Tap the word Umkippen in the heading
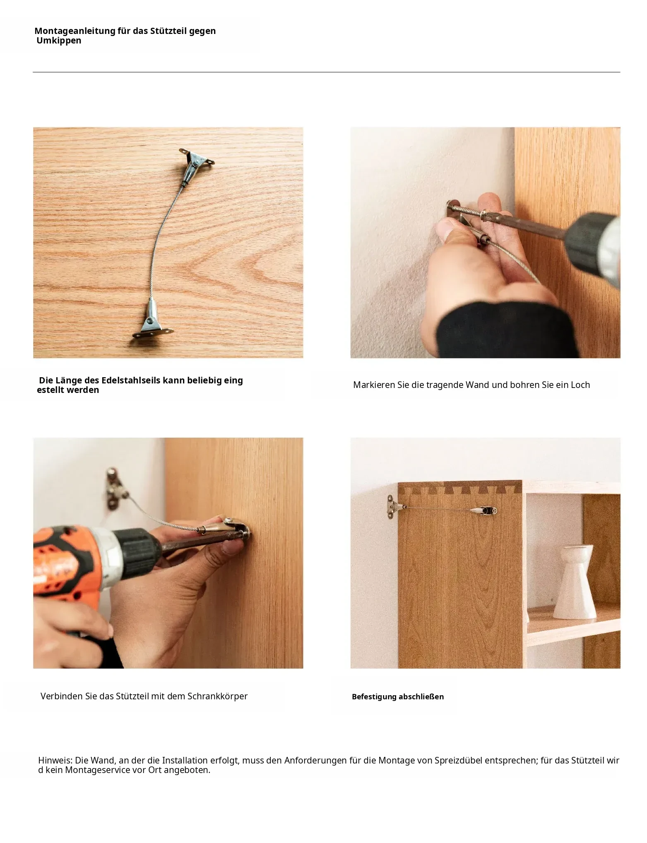pyautogui.click(x=59, y=41)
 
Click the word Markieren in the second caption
pyautogui.click(x=374, y=385)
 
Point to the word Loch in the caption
pyautogui.click(x=580, y=385)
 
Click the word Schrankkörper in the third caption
pyautogui.click(x=217, y=696)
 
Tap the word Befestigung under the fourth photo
pyautogui.click(x=374, y=697)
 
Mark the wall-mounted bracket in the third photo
pyautogui.click(x=114, y=489)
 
